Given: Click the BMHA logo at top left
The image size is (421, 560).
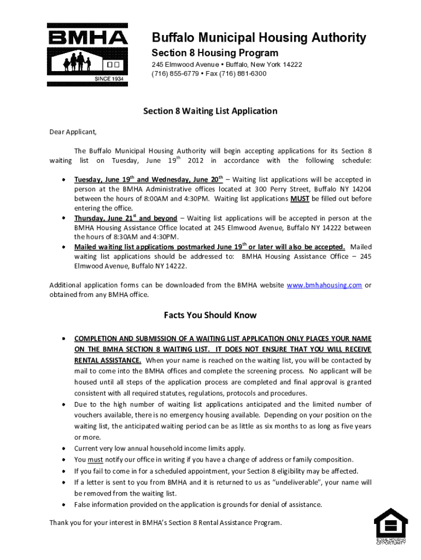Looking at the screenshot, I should click(x=87, y=54).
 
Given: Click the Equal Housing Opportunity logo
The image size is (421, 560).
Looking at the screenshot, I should click(x=390, y=526).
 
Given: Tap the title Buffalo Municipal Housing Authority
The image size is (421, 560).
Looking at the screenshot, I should click(x=259, y=38).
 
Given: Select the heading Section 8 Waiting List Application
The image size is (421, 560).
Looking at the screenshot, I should click(x=210, y=111).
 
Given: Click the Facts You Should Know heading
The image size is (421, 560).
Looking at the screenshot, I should click(x=210, y=315).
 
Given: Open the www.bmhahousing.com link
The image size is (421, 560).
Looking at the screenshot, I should click(x=324, y=285).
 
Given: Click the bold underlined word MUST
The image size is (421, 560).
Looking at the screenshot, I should click(x=300, y=199).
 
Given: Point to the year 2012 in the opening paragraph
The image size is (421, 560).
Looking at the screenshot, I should click(x=196, y=160).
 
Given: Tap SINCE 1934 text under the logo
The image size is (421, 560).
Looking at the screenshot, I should click(x=110, y=79).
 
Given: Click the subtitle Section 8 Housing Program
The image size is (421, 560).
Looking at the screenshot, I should click(x=215, y=53).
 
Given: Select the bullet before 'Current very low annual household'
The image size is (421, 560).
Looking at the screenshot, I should click(x=63, y=448).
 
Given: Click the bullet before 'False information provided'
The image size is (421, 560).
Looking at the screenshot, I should click(x=63, y=504).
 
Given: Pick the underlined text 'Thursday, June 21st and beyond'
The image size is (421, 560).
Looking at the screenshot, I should click(x=126, y=218).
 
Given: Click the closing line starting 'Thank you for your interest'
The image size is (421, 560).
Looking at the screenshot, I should click(x=166, y=522).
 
